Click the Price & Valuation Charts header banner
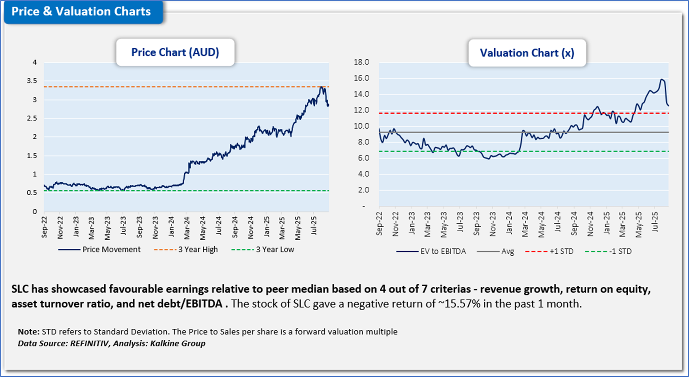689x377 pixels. (81, 11)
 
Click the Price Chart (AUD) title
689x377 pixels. (175, 52)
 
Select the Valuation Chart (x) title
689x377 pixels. (527, 53)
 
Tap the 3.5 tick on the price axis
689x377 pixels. (32, 81)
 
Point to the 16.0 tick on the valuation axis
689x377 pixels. (361, 78)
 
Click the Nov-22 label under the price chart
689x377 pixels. (60, 227)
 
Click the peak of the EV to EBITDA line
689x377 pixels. (661, 80)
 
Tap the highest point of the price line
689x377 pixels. (321, 87)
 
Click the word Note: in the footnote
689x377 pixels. (29, 332)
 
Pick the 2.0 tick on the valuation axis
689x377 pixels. (361, 190)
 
